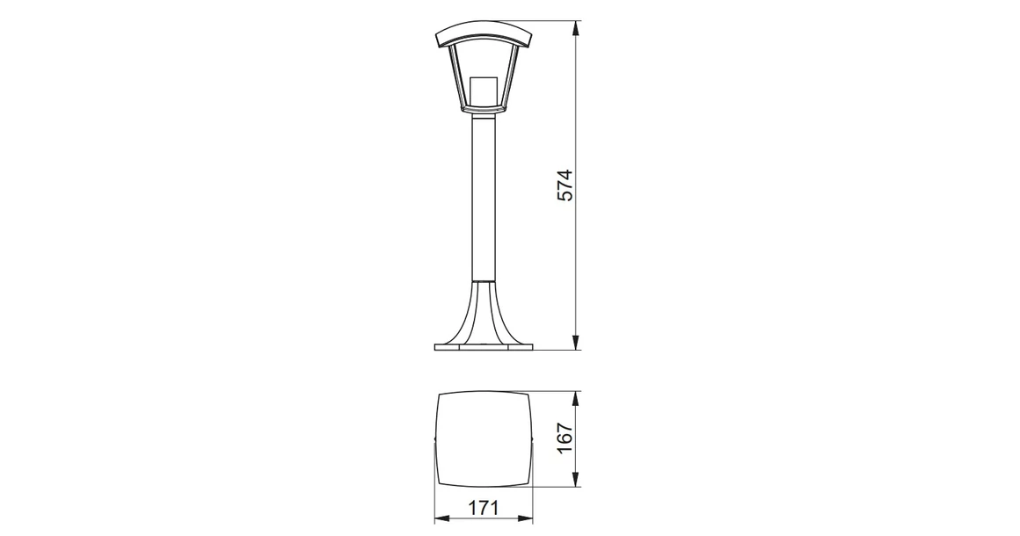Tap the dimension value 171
point(484,508)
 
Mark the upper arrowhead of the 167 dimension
point(575,398)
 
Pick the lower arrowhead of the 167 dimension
point(575,481)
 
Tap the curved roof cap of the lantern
point(484,35)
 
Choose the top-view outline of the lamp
point(484,439)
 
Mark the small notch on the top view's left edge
point(437,440)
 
